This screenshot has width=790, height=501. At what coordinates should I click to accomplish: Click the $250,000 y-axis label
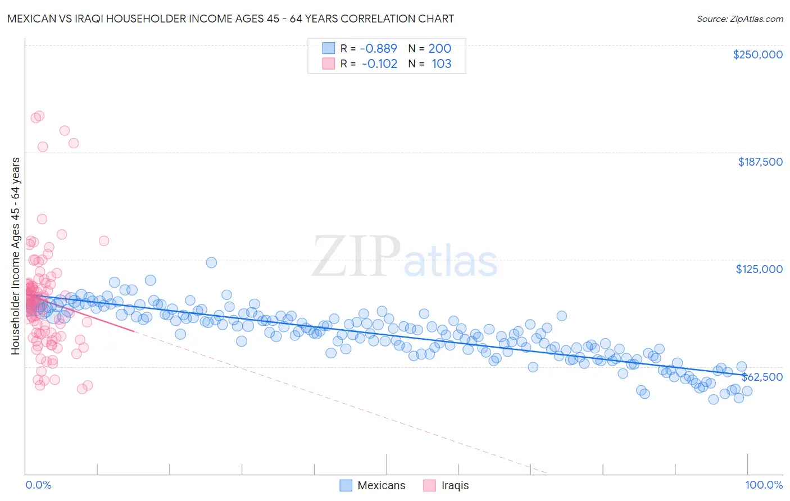point(757,54)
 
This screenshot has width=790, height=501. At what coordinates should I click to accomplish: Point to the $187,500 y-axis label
point(760,162)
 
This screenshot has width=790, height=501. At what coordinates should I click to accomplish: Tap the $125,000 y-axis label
point(759,269)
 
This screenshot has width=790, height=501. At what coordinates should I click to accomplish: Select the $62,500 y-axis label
point(762,377)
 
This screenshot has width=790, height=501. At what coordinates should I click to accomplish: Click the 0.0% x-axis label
point(38,485)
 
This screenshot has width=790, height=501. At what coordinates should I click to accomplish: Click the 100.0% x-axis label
point(764,485)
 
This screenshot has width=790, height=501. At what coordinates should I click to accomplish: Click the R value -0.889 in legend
point(379,48)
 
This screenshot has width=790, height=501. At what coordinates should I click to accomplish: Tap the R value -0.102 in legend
point(379,63)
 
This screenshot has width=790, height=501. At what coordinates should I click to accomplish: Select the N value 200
point(439,48)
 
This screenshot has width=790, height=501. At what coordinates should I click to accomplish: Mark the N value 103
point(441,63)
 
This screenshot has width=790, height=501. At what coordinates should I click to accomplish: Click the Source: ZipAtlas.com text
point(739,19)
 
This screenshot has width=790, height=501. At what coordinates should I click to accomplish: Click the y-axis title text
point(16,256)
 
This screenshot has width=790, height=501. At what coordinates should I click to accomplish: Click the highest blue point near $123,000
point(211,262)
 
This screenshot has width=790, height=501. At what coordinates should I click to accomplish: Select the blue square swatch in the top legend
point(328,48)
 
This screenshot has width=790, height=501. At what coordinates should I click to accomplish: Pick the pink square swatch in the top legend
point(328,63)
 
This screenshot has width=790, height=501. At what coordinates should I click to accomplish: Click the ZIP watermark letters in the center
point(356,257)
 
